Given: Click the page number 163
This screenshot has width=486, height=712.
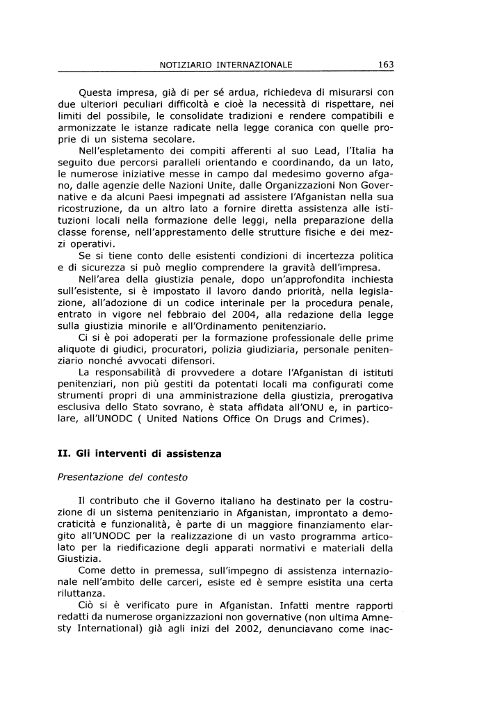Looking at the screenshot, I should pyautogui.click(x=386, y=65).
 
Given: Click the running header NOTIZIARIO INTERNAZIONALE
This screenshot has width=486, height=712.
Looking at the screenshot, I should pyautogui.click(x=225, y=65).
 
